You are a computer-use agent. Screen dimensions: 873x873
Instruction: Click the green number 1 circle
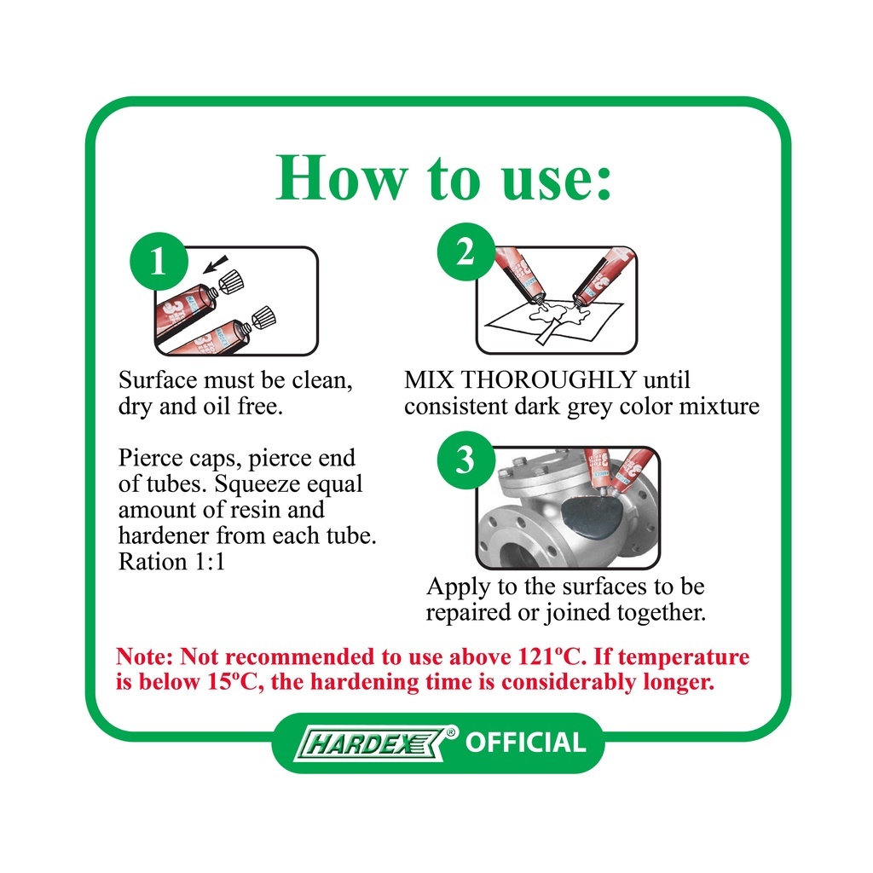tap(159, 261)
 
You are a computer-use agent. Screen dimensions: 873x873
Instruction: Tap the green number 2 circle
tap(466, 251)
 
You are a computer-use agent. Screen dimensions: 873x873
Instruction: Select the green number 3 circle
tap(466, 460)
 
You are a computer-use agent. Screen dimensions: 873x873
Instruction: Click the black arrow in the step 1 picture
tap(215, 264)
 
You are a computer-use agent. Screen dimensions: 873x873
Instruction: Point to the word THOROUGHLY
tap(549, 379)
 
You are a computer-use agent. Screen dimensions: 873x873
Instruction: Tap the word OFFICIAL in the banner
tap(525, 743)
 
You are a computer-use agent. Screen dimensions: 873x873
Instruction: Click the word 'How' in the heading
tap(342, 177)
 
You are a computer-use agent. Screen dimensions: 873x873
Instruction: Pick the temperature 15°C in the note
tap(234, 682)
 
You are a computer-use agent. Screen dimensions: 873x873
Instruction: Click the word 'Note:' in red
tap(144, 657)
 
